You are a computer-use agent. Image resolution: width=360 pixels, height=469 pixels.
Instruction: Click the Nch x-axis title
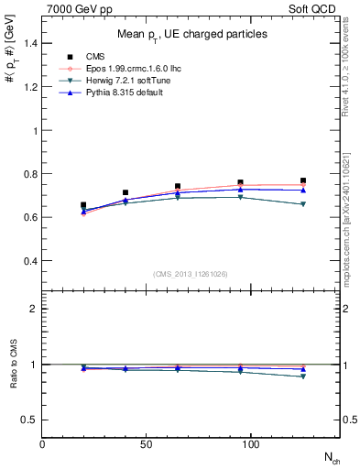point(332,457)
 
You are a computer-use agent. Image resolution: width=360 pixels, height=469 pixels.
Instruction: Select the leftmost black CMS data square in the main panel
point(84,205)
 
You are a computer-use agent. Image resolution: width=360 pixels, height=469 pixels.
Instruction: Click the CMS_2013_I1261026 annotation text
point(191,273)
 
